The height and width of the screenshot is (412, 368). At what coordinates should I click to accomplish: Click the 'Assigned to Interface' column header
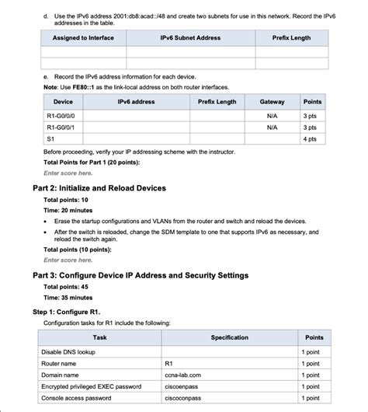point(83,38)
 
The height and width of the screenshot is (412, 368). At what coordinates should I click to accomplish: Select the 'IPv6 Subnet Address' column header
point(190,38)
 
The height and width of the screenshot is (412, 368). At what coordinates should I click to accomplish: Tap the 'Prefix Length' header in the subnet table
point(291,38)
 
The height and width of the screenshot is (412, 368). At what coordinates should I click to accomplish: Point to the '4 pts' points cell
point(311,138)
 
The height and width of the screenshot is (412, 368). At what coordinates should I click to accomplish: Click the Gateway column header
point(272,102)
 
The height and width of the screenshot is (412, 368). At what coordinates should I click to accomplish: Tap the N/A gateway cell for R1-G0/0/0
point(272,116)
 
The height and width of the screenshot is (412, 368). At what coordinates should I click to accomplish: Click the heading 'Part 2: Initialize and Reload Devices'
point(99,188)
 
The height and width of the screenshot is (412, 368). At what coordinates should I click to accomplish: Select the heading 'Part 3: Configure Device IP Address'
point(140,275)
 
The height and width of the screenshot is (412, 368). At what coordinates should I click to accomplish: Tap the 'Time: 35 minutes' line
point(68,298)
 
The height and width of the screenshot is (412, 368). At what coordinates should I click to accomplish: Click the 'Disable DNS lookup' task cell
point(69,352)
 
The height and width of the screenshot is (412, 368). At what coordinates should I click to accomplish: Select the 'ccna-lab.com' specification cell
point(183,375)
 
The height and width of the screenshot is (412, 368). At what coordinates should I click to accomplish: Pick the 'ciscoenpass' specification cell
point(183,386)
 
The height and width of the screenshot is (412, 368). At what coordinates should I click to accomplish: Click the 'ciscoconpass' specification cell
point(183,398)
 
